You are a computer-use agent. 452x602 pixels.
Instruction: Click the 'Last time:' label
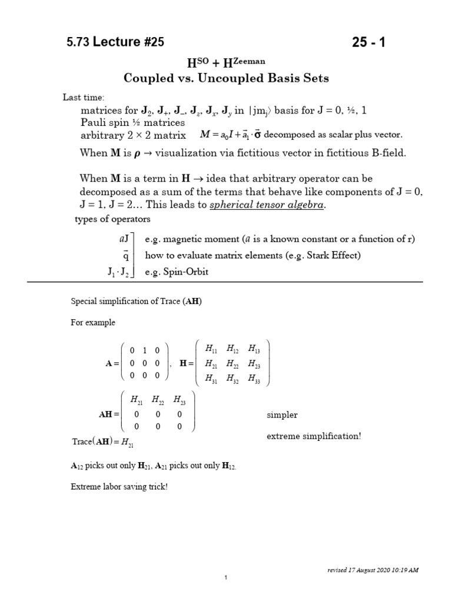pyautogui.click(x=84, y=98)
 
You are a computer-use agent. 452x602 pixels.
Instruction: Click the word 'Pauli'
pyautogui.click(x=93, y=122)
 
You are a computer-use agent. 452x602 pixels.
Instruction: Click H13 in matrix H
pyautogui.click(x=254, y=349)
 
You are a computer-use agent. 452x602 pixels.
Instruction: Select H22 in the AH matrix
pyautogui.click(x=158, y=400)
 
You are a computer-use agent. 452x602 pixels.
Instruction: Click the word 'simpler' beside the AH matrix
pyautogui.click(x=282, y=415)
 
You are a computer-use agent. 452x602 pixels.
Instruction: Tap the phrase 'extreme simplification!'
pyautogui.click(x=314, y=436)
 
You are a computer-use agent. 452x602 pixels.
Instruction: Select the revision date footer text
pyautogui.click(x=373, y=570)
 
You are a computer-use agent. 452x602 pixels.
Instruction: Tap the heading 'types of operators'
pyautogui.click(x=112, y=219)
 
